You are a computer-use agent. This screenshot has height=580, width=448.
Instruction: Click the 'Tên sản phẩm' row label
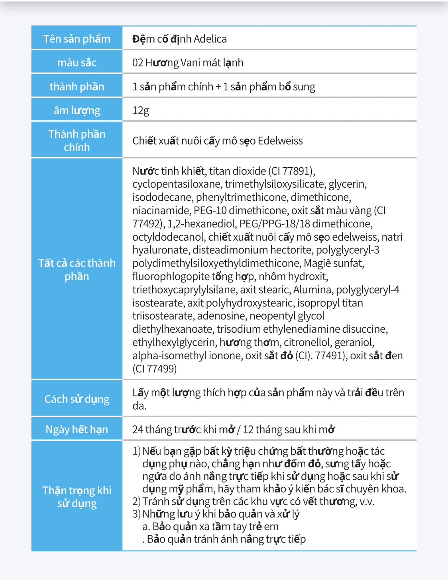(77, 39)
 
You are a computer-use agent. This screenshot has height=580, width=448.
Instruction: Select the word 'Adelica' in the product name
(210, 39)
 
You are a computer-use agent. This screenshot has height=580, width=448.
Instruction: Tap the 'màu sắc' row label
(77, 63)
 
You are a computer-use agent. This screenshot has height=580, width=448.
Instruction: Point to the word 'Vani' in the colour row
(190, 63)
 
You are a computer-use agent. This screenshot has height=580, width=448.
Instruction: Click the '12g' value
(141, 110)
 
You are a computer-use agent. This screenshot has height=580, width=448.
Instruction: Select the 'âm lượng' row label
(77, 110)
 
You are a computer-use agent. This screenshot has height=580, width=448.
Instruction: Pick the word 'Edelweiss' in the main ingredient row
(280, 141)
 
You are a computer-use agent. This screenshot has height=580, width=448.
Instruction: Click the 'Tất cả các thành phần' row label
(77, 270)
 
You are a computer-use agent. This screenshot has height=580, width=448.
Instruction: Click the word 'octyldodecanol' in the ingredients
(169, 237)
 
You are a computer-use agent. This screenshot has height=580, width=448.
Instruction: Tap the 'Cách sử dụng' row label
(77, 399)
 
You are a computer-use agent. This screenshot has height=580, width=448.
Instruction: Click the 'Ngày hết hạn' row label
(77, 429)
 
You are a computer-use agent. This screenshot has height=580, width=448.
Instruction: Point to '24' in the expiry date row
(138, 429)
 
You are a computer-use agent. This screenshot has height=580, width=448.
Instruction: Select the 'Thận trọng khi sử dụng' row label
(77, 497)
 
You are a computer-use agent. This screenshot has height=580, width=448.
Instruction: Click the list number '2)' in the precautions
(136, 501)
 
